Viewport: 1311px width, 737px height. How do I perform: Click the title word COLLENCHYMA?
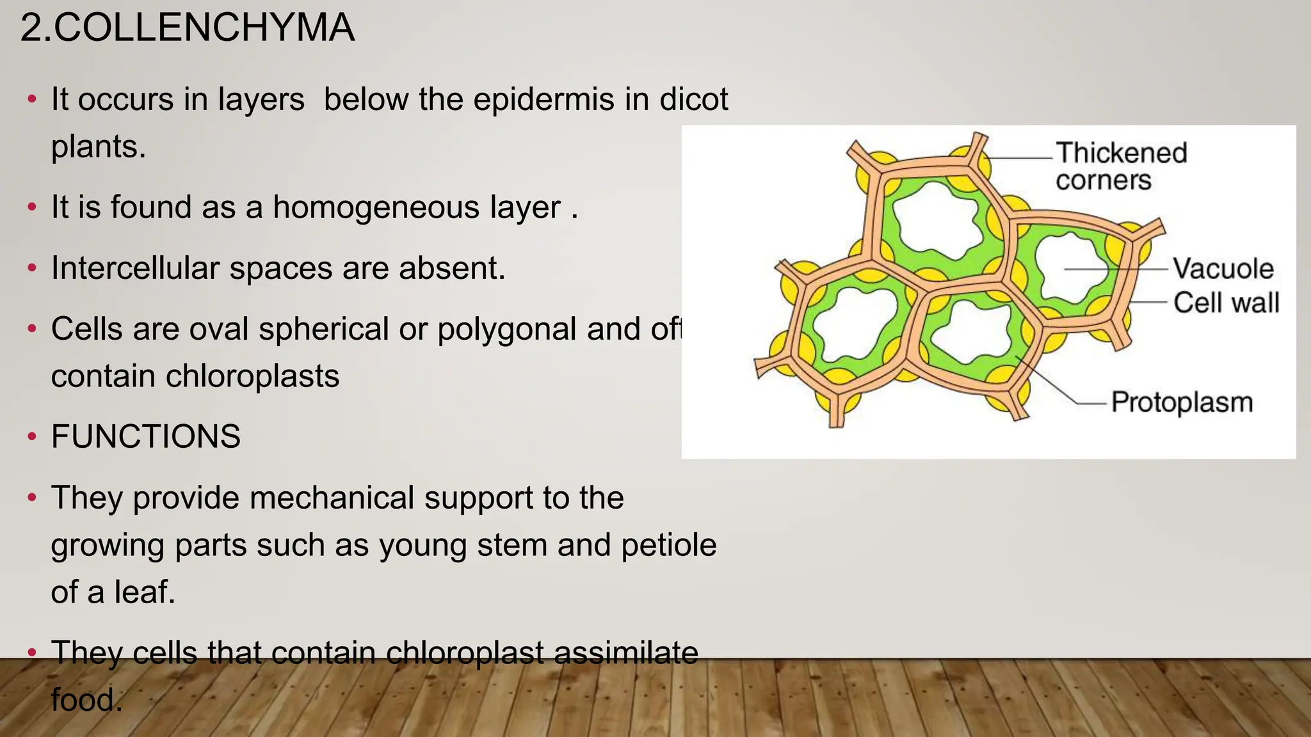pyautogui.click(x=204, y=28)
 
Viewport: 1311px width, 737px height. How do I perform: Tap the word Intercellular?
pyautogui.click(x=135, y=268)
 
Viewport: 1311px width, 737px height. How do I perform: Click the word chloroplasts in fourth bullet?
pyautogui.click(x=252, y=376)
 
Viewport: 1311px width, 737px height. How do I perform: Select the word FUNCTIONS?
pyautogui.click(x=146, y=437)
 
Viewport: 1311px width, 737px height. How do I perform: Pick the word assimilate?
pyautogui.click(x=625, y=653)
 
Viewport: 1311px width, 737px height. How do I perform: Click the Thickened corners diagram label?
pyautogui.click(x=1120, y=166)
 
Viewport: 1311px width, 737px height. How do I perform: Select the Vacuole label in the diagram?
pyautogui.click(x=1223, y=269)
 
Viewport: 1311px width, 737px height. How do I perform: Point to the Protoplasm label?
pyautogui.click(x=1181, y=402)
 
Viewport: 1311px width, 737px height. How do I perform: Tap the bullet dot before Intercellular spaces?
pyautogui.click(x=32, y=269)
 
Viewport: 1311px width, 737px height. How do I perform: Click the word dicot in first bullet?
pyautogui.click(x=694, y=100)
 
